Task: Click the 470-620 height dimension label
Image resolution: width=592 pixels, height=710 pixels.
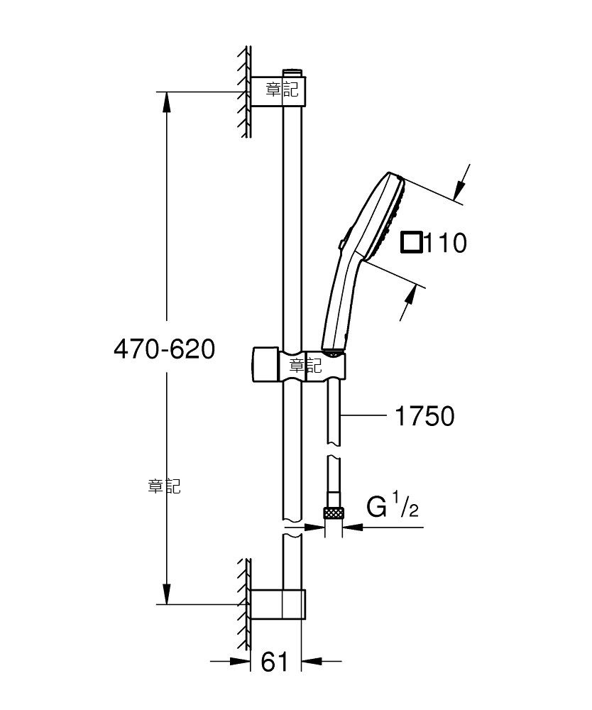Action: [164, 349]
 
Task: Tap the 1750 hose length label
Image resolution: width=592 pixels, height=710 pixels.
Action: [424, 415]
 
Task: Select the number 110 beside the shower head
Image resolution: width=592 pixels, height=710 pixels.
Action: [445, 243]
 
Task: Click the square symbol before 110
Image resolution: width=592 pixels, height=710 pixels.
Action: [412, 242]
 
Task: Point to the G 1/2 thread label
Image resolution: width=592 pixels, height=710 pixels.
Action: [393, 506]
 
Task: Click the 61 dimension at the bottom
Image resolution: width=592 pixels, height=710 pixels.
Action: [275, 662]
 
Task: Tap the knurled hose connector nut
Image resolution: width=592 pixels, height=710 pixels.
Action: [334, 513]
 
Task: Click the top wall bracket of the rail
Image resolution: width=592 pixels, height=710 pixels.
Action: [278, 92]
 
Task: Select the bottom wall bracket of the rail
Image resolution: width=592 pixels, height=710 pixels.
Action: [278, 604]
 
